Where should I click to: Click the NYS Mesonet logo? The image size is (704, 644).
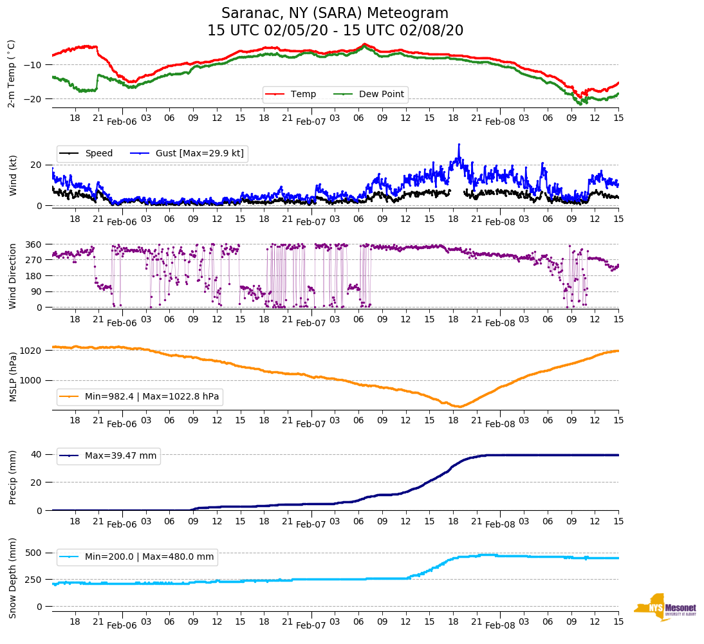click(665, 607)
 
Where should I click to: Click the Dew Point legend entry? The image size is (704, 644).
click(381, 95)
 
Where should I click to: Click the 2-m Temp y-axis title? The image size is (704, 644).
click(12, 73)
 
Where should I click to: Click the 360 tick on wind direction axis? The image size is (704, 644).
click(33, 244)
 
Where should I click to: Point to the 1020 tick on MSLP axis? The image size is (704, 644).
click(32, 351)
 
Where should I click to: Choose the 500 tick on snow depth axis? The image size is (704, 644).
click(33, 553)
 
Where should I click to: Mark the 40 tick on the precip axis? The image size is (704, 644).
click(36, 454)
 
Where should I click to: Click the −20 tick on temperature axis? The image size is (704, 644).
click(33, 99)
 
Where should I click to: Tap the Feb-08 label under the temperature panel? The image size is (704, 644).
click(500, 122)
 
